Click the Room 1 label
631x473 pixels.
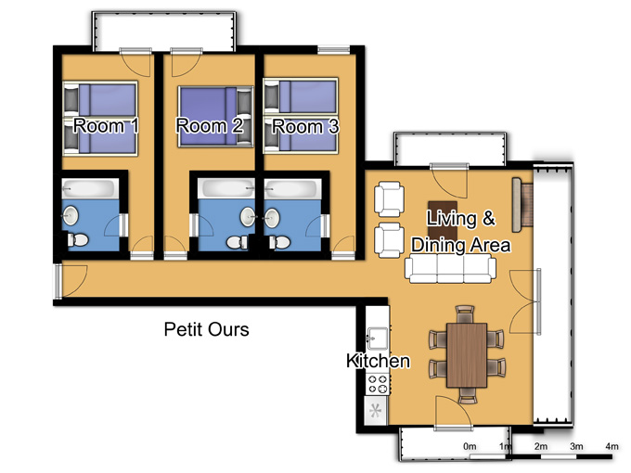point(106,126)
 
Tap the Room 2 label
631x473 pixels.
point(210,126)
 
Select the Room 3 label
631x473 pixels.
point(305,127)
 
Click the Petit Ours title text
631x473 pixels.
point(206,329)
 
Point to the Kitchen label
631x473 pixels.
point(378,361)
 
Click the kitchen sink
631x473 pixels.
point(377,338)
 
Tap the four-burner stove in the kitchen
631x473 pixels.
point(378,384)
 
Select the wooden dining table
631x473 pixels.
point(467,354)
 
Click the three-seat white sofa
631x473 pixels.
point(450,270)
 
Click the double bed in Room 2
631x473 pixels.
point(215,116)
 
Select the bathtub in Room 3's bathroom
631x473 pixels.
point(292,188)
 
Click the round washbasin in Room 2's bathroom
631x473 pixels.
point(247,217)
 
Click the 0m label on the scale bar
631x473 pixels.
point(470,446)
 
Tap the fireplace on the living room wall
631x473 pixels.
point(522,205)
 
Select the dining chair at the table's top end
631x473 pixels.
point(465,314)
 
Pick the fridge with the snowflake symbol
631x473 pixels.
point(376,411)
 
